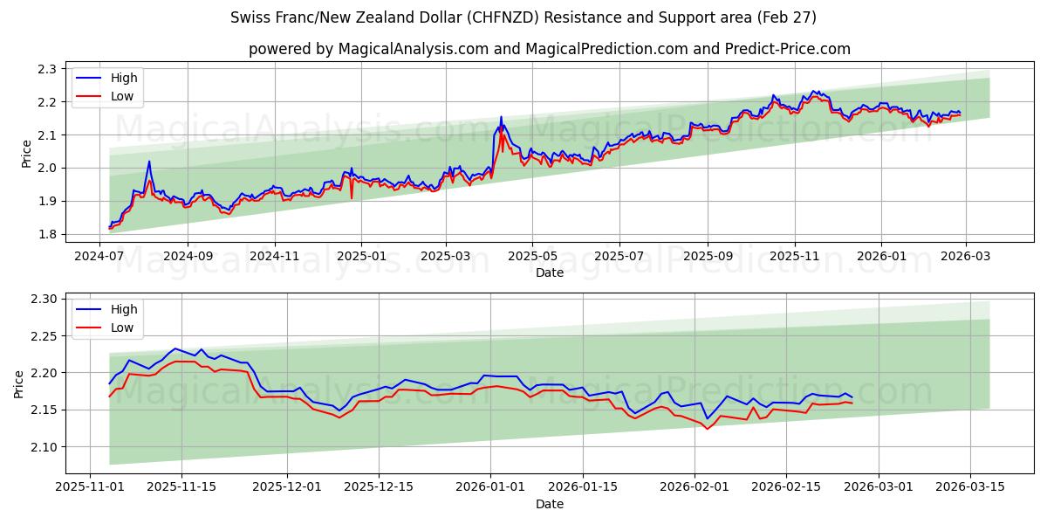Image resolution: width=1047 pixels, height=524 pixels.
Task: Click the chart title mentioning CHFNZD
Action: click(x=523, y=17)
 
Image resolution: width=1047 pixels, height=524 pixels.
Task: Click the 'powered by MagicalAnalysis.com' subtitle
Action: click(x=550, y=49)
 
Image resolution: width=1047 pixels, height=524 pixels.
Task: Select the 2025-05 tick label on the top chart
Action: click(x=532, y=256)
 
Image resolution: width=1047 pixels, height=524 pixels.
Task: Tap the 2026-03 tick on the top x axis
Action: click(x=966, y=256)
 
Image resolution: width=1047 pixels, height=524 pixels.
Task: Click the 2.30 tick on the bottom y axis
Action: click(x=43, y=299)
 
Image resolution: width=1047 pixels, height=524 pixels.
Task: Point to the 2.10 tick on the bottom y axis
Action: click(x=43, y=447)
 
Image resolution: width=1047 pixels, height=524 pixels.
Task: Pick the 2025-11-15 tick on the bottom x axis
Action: click(x=181, y=486)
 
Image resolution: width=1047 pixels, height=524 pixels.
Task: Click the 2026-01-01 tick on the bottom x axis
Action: click(x=489, y=486)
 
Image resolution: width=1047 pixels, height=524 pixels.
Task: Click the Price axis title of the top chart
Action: click(x=26, y=154)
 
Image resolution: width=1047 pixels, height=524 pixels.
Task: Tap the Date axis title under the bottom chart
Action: click(x=550, y=504)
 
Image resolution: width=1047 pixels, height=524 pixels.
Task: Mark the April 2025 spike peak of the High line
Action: click(x=501, y=117)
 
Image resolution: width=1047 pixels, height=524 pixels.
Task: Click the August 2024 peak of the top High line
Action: click(x=149, y=161)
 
